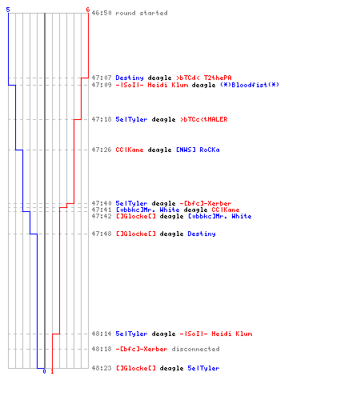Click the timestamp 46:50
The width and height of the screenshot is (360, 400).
click(102, 13)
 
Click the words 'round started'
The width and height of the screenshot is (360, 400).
click(142, 13)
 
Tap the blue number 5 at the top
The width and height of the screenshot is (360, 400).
click(8, 10)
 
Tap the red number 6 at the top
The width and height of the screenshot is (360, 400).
click(87, 10)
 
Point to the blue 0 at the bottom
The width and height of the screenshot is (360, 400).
click(44, 371)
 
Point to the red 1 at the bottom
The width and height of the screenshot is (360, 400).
click(52, 371)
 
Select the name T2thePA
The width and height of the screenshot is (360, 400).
click(218, 78)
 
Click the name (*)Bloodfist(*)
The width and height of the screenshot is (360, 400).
click(250, 85)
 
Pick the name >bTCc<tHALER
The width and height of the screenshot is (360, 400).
click(204, 119)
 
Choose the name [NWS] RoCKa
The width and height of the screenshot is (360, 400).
click(198, 150)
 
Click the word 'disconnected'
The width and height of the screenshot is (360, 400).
click(195, 349)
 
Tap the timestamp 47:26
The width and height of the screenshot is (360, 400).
click(102, 150)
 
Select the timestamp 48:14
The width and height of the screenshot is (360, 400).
click(102, 334)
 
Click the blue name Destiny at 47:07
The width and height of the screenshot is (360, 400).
click(130, 78)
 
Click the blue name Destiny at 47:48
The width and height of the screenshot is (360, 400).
click(202, 234)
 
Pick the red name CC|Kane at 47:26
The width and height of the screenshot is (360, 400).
click(130, 150)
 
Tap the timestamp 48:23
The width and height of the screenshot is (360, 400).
click(102, 368)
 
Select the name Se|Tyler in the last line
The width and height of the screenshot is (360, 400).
click(203, 368)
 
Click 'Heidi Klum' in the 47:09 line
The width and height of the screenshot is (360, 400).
click(168, 85)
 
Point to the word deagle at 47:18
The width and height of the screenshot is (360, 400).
click(163, 119)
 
